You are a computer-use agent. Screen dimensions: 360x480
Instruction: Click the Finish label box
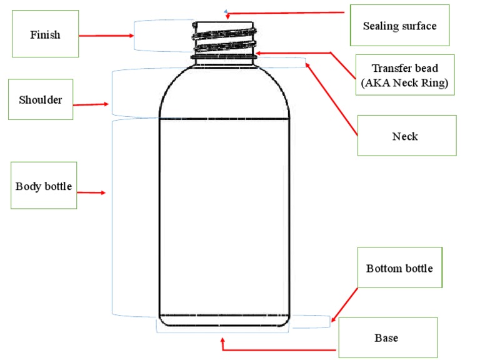[46, 34]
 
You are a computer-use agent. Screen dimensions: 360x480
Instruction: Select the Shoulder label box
[41, 99]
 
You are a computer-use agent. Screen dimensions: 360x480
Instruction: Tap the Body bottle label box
[44, 186]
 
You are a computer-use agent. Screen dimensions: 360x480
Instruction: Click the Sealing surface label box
[399, 26]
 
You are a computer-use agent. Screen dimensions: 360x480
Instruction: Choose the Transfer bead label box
[404, 75]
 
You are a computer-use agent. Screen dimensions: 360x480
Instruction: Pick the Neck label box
[407, 136]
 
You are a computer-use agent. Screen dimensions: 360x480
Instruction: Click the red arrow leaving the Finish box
[107, 35]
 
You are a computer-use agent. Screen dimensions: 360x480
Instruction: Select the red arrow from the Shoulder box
[91, 105]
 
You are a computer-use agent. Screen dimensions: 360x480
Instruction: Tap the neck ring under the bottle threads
[224, 58]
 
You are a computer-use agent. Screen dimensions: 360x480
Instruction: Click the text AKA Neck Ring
[404, 83]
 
